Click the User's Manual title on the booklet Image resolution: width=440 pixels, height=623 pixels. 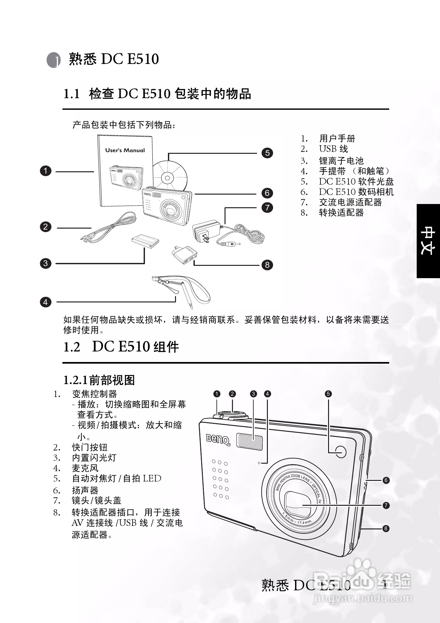click(125, 150)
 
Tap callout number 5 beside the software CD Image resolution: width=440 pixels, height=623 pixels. click(267, 153)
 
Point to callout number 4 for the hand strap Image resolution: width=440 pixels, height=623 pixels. click(46, 302)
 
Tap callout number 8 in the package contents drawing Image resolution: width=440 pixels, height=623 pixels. click(267, 265)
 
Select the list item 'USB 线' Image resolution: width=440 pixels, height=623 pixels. click(334, 149)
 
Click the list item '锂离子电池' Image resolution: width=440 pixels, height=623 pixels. click(341, 161)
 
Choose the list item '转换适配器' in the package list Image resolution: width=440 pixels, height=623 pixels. click(341, 212)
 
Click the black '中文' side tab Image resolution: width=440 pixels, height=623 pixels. click(428, 241)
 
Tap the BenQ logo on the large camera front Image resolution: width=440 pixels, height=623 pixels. click(218, 440)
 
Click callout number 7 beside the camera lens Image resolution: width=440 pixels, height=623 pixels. click(386, 505)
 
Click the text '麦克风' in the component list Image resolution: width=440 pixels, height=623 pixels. click(85, 468)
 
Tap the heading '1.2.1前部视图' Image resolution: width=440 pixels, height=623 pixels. click(99, 380)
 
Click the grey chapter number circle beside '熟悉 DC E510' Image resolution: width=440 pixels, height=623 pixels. click(54, 60)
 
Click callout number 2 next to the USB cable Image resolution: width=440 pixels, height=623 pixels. click(46, 227)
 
